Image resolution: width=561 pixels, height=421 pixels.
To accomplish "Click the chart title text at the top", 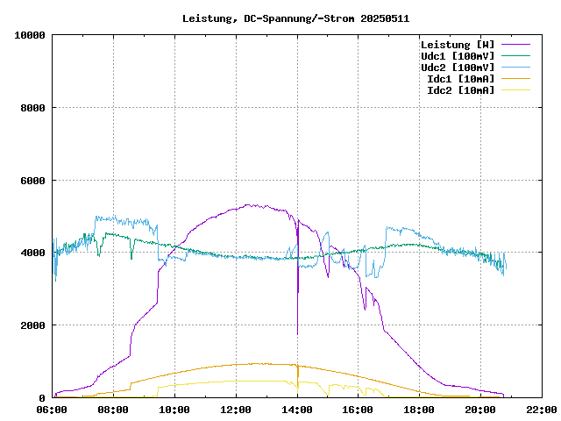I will pyautogui.click(x=295, y=18).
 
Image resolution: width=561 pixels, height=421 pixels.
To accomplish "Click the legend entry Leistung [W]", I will pyautogui.click(x=457, y=45).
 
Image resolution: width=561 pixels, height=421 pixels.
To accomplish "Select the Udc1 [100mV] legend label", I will pyautogui.click(x=457, y=56).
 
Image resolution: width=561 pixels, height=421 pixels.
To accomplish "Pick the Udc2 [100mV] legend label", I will pyautogui.click(x=457, y=68).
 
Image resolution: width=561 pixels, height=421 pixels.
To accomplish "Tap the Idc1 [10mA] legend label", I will pyautogui.click(x=459, y=79).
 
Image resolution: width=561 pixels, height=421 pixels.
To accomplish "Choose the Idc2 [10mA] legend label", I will pyautogui.click(x=459, y=90).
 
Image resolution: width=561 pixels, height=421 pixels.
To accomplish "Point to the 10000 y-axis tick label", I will pyautogui.click(x=30, y=35).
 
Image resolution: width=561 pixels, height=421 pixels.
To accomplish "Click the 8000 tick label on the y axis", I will pyautogui.click(x=32, y=108).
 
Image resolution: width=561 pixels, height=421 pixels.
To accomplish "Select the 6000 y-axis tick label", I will pyautogui.click(x=32, y=181).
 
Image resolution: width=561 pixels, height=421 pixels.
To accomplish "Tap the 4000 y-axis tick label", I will pyautogui.click(x=32, y=253).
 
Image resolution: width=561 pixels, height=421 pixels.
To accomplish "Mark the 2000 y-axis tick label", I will pyautogui.click(x=32, y=325).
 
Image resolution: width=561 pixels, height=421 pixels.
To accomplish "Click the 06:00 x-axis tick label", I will pyautogui.click(x=52, y=410).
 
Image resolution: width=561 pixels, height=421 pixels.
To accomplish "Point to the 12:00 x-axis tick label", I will pyautogui.click(x=236, y=410).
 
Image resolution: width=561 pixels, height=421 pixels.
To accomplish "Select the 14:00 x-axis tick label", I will pyautogui.click(x=297, y=410).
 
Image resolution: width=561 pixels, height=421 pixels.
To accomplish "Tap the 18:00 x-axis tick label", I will pyautogui.click(x=419, y=410).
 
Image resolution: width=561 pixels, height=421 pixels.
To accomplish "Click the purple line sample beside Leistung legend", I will pyautogui.click(x=515, y=45).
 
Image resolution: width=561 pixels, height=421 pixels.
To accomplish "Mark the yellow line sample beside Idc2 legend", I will pyautogui.click(x=515, y=90).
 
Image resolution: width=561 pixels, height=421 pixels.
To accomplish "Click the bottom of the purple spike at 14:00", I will pyautogui.click(x=297, y=334).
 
